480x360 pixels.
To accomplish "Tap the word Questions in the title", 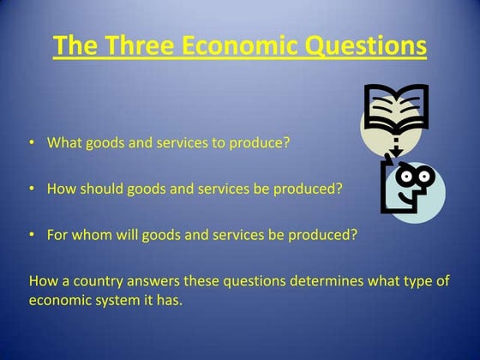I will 370,45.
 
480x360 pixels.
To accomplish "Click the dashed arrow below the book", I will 395,146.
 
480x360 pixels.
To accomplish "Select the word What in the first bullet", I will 63,142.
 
